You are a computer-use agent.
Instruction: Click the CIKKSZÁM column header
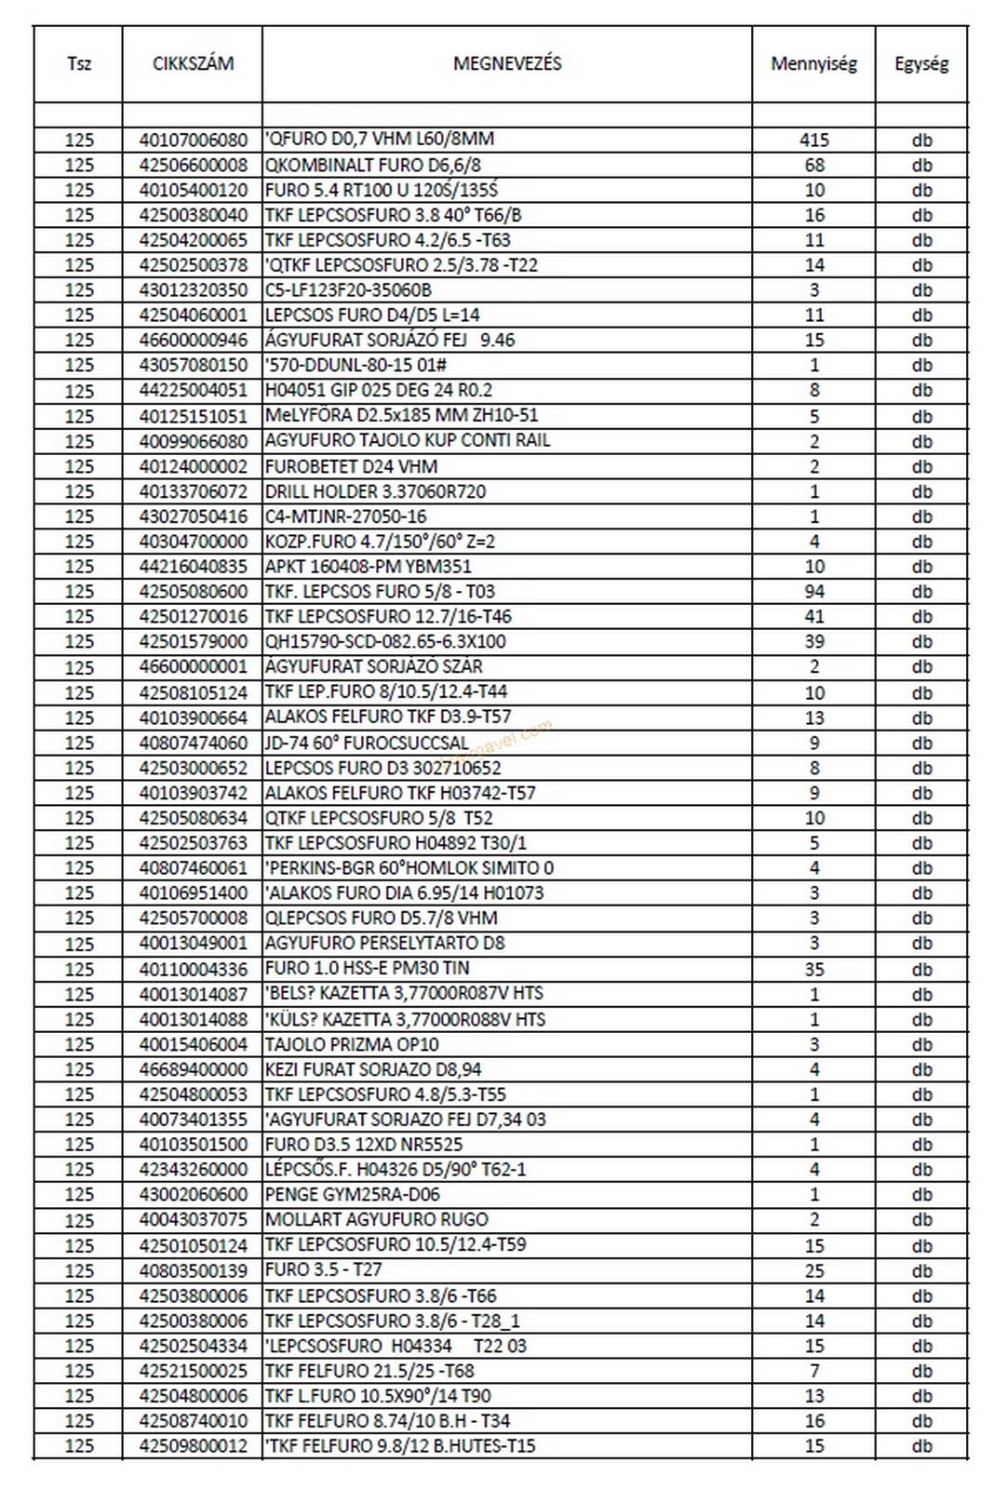click(193, 64)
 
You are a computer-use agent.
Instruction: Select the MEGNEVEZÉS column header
click(507, 64)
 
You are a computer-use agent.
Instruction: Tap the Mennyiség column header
click(813, 64)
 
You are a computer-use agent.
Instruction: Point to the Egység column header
click(921, 64)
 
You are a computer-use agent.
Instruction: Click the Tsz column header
click(79, 64)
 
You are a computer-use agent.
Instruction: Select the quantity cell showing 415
click(813, 140)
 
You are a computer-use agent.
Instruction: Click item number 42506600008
click(194, 165)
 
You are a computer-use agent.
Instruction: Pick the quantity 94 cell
click(813, 591)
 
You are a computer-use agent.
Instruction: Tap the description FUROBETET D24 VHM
click(351, 466)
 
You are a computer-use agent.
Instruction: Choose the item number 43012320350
click(194, 289)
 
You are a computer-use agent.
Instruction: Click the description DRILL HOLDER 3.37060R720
click(375, 491)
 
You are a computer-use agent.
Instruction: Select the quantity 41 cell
click(813, 616)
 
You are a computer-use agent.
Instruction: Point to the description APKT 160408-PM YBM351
click(368, 566)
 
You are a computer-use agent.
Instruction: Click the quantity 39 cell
click(813, 641)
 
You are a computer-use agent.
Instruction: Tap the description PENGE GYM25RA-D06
click(352, 1194)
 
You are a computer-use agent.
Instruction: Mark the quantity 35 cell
click(813, 969)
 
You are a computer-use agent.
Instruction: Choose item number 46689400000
click(194, 1069)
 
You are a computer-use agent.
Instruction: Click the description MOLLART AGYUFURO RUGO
click(376, 1219)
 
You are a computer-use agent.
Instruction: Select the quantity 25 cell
click(813, 1270)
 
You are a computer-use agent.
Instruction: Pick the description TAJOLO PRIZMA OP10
click(352, 1044)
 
